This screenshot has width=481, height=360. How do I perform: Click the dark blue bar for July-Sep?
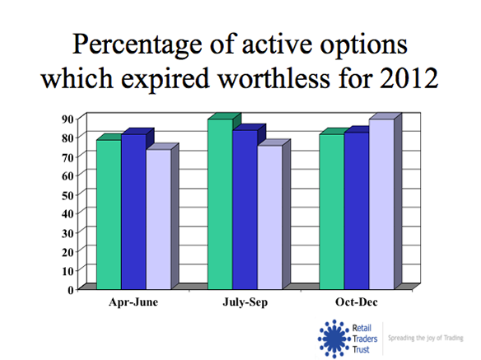245,210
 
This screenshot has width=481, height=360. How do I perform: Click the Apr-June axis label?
133,303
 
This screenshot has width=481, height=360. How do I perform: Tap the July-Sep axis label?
245,303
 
